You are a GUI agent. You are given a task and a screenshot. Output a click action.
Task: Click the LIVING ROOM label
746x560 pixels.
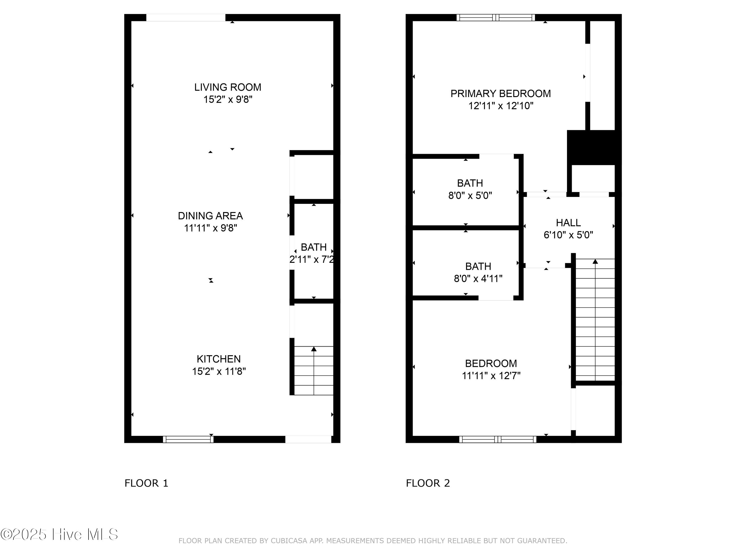click(228, 87)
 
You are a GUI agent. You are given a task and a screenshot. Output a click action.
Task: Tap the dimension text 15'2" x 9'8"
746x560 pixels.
click(228, 100)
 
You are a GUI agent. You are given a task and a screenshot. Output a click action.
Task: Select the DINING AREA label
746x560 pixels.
click(210, 216)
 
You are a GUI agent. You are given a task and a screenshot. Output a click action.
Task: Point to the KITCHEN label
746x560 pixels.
click(219, 359)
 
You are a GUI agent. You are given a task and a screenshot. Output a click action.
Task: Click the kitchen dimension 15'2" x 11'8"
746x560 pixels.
click(219, 371)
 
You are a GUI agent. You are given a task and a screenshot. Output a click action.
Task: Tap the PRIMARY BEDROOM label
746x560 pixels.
click(501, 94)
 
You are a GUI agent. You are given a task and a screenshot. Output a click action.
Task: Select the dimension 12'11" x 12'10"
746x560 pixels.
click(501, 106)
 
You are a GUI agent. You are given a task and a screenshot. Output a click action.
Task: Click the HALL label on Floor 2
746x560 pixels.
click(568, 223)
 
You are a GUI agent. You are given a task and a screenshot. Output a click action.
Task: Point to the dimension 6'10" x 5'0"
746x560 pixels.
click(568, 235)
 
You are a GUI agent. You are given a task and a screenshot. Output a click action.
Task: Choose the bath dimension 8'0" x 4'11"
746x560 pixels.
click(478, 279)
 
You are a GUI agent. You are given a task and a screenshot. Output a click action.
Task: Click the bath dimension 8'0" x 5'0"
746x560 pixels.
click(470, 195)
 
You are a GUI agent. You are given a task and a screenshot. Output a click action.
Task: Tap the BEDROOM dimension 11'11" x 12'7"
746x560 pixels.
click(491, 376)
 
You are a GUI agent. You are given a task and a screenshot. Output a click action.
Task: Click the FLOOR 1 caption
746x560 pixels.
click(146, 483)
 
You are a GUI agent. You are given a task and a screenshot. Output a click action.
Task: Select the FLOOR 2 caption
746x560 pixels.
click(428, 483)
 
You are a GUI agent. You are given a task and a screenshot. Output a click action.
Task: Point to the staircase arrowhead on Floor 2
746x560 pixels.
click(595, 261)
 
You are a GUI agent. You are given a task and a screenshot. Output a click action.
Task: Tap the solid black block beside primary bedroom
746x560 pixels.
click(594, 148)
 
